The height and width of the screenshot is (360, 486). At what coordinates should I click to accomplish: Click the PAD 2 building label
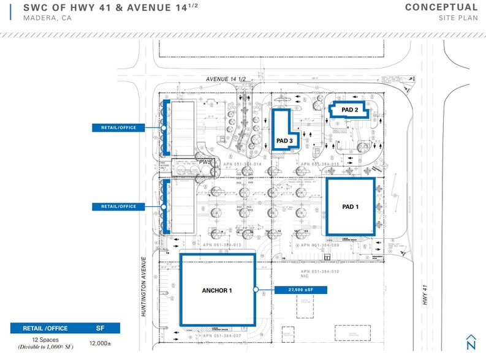coord(349,110)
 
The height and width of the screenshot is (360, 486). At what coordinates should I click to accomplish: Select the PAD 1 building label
coord(350,207)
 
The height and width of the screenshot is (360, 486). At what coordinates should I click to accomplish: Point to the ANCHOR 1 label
coord(216,290)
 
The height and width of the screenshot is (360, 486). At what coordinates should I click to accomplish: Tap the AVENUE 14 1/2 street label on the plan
coord(224,79)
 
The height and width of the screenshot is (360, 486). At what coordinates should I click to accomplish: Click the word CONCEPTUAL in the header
coord(441,7)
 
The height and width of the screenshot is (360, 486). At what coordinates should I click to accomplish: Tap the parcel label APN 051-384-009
coord(320,245)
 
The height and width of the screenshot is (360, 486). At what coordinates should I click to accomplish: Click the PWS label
coord(204,162)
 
